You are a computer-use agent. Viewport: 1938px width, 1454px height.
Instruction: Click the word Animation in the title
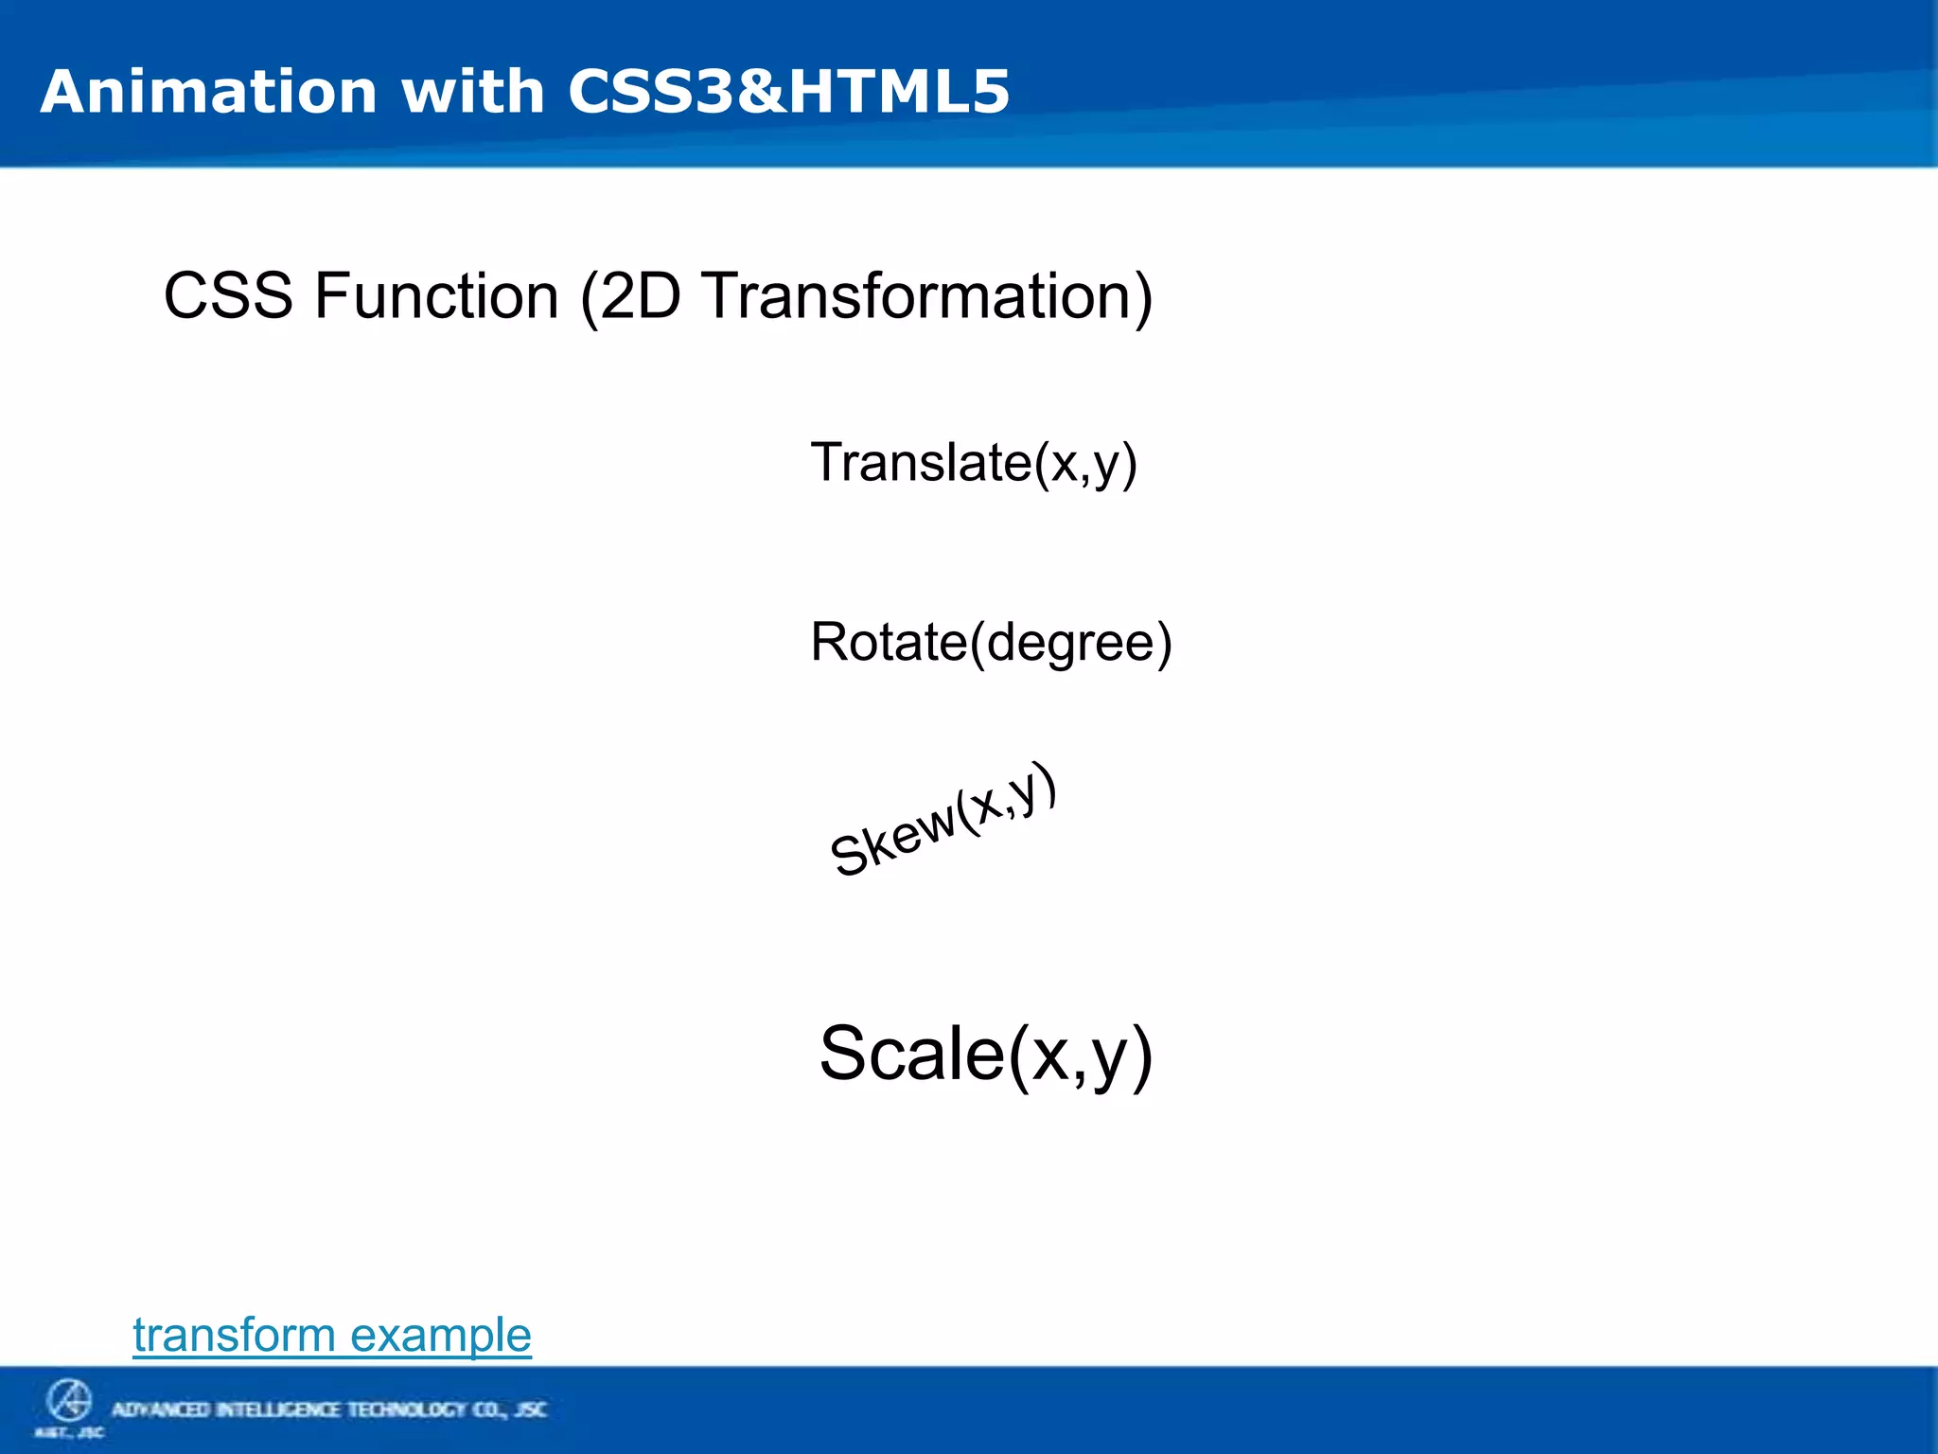(208, 92)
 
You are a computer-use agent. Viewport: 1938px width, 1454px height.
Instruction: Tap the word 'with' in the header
(472, 92)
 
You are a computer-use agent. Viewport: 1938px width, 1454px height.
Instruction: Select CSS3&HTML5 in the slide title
(788, 92)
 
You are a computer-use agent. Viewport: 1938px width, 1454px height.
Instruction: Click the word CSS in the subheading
(228, 296)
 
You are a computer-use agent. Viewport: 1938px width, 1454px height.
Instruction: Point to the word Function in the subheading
(436, 296)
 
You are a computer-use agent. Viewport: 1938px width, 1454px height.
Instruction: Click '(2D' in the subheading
(630, 296)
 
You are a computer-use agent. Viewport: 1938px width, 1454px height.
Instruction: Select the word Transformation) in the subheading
(927, 296)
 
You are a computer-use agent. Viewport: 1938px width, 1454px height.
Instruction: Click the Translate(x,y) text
(973, 463)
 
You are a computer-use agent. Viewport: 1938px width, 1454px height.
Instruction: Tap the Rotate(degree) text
(991, 643)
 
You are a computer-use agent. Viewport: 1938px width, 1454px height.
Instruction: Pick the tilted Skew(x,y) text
(943, 820)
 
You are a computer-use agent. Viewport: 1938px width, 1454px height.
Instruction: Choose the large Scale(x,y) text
(985, 1054)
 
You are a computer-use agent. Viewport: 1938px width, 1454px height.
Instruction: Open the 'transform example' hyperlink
(331, 1335)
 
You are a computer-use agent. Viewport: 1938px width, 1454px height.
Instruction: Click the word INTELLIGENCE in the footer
(279, 1410)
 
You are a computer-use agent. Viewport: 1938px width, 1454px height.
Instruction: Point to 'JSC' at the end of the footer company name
(531, 1410)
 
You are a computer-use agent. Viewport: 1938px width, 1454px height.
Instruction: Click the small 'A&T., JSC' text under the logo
(69, 1432)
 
